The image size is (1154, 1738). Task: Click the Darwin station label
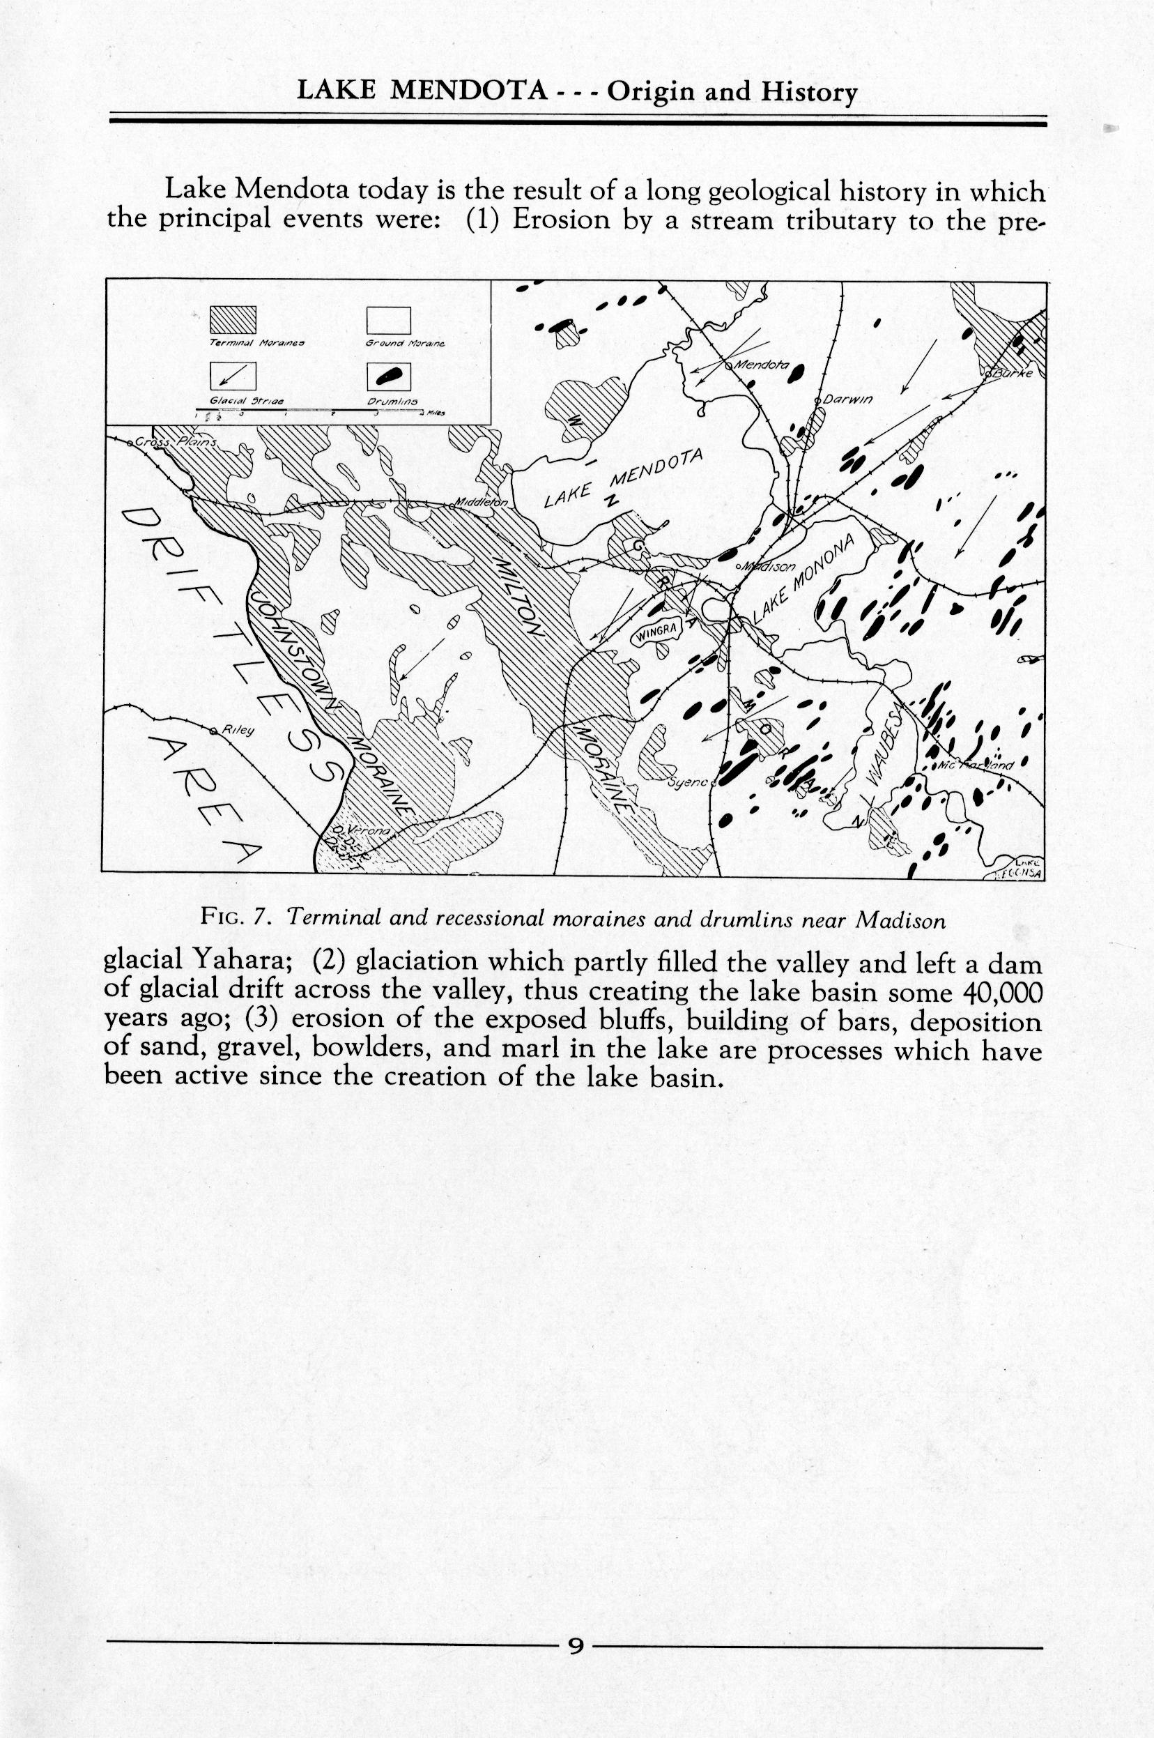pyautogui.click(x=847, y=399)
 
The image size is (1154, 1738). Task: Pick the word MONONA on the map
pyautogui.click(x=826, y=564)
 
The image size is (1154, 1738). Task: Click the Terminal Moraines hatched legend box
pyautogui.click(x=233, y=320)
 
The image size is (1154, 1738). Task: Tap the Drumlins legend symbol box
pyautogui.click(x=388, y=378)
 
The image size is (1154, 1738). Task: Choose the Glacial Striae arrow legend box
pyautogui.click(x=233, y=378)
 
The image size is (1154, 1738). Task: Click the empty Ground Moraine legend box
pyautogui.click(x=388, y=320)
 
